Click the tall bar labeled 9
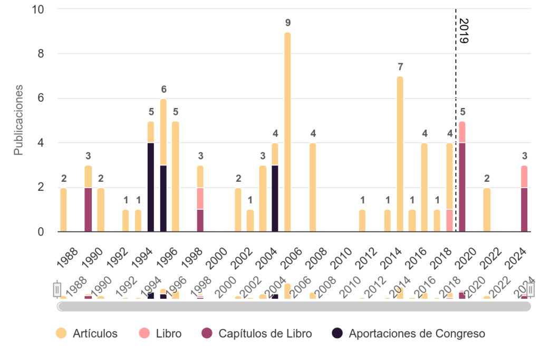(287, 132)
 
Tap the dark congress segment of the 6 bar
(163, 198)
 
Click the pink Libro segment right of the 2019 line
(462, 132)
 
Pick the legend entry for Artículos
(88, 333)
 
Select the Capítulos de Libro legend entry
(257, 333)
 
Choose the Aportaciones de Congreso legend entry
(409, 333)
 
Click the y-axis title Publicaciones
(18, 120)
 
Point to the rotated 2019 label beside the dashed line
(464, 31)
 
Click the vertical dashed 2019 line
(456, 158)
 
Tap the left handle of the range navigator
(57, 289)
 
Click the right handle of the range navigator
(531, 289)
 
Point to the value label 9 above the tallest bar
(287, 23)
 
